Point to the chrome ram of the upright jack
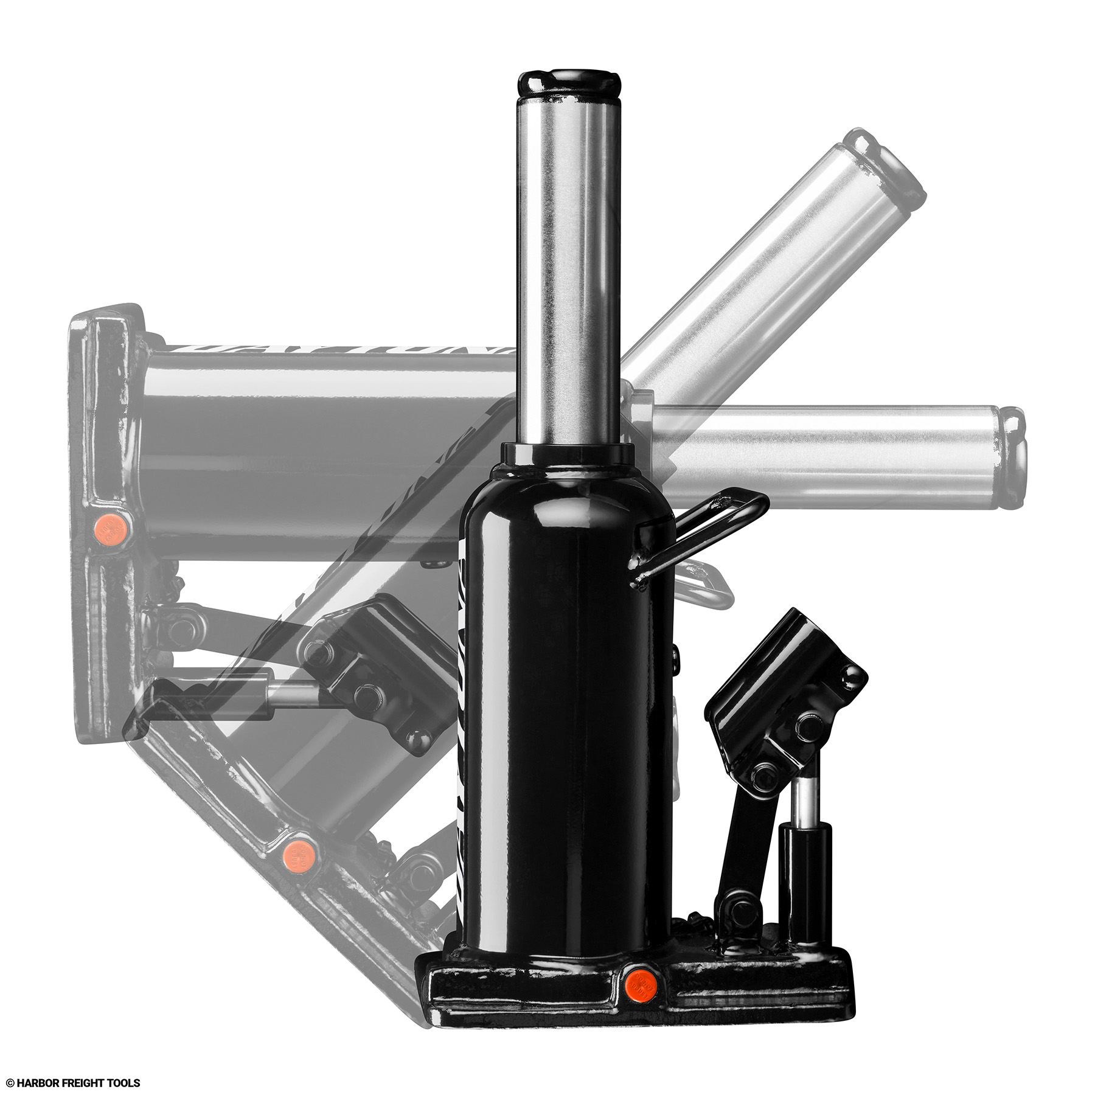(x=569, y=268)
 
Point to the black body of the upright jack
(x=566, y=700)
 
